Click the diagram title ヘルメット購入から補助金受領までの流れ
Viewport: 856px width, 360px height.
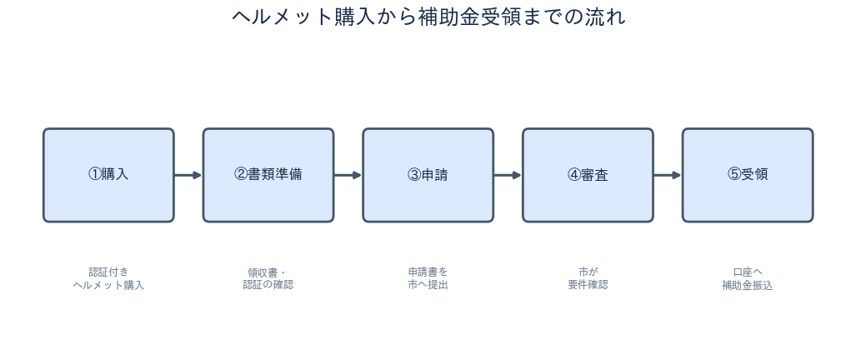(x=428, y=17)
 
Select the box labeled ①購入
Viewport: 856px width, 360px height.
(x=108, y=175)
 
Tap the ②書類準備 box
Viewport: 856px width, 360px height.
(x=268, y=175)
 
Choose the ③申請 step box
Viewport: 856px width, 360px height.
(x=428, y=175)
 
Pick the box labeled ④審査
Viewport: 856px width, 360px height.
(x=588, y=175)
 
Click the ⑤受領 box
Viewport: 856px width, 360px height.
(x=748, y=175)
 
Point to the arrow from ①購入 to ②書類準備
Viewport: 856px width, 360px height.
(x=188, y=175)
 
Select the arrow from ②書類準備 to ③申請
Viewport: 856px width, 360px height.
(x=348, y=175)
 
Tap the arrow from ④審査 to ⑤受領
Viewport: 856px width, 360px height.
(x=668, y=175)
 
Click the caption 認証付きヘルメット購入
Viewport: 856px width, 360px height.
(x=108, y=278)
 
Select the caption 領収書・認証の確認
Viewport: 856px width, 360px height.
(x=268, y=278)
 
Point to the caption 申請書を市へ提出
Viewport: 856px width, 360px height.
(x=428, y=278)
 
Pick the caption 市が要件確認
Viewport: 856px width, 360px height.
(x=588, y=278)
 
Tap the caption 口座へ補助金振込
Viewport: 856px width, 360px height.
(x=748, y=278)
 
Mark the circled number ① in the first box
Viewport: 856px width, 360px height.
(x=94, y=174)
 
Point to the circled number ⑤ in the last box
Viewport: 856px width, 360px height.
(x=734, y=174)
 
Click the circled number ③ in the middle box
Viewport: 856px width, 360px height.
(x=414, y=174)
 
